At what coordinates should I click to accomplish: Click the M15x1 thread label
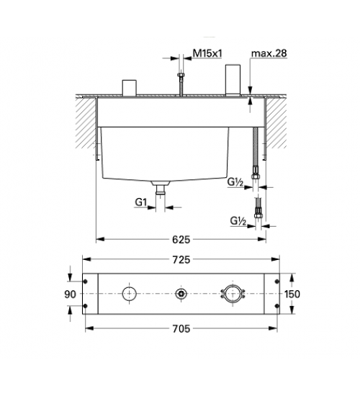tap(207, 53)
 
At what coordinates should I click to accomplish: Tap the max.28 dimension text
tap(269, 53)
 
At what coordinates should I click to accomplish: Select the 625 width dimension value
tap(181, 240)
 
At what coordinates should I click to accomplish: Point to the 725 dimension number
tap(181, 259)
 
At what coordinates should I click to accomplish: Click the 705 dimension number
tap(181, 328)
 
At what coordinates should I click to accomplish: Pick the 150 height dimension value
tap(292, 294)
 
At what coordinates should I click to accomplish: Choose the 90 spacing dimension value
tap(70, 294)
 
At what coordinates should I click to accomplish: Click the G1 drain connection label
tap(140, 202)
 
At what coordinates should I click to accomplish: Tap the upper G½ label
tap(235, 182)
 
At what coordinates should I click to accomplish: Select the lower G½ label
tap(238, 221)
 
